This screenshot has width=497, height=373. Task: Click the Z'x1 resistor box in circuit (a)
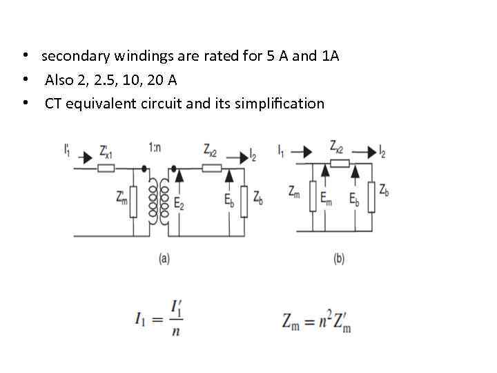106,167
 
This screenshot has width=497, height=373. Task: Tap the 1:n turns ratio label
155,147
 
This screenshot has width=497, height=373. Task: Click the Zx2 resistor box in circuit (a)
212,167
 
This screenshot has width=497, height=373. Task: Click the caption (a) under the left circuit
164,259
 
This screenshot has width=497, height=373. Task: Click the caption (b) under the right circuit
339,259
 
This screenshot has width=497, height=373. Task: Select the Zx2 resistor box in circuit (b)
338,164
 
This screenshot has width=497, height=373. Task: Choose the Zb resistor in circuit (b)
372,197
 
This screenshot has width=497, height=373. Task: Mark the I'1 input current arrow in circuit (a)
85,158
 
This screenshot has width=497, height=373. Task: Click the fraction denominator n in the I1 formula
176,332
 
